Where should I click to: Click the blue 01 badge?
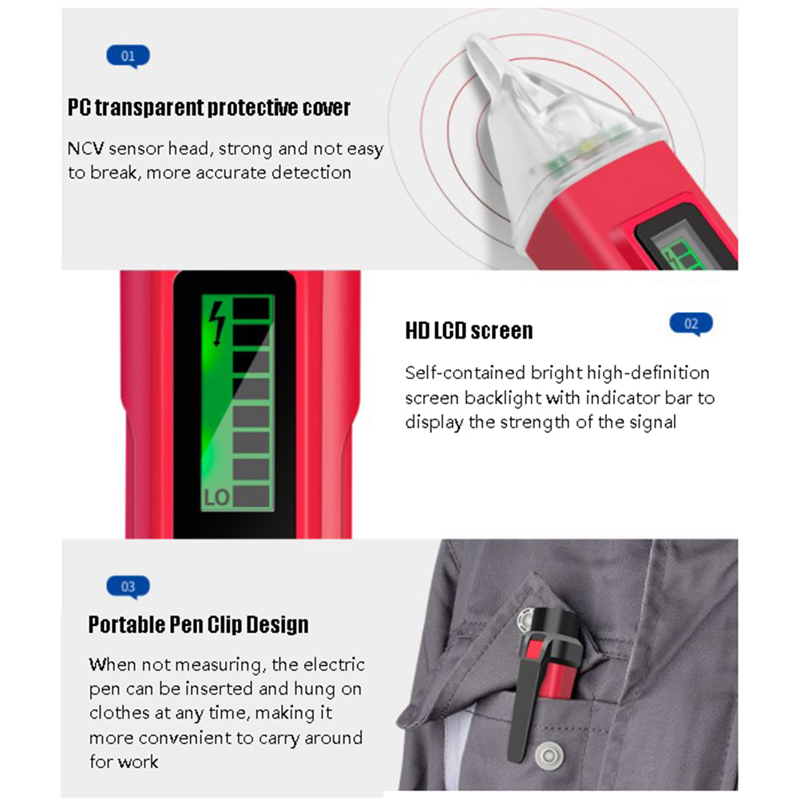tap(128, 56)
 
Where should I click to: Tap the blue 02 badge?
tap(691, 324)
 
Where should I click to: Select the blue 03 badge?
tap(128, 587)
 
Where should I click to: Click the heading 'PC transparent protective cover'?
tap(209, 108)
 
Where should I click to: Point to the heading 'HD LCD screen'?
tap(469, 331)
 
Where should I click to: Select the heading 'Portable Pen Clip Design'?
tap(199, 624)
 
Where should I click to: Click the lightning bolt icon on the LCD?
tap(218, 323)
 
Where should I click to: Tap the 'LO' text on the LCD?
tap(217, 497)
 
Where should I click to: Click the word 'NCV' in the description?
tap(85, 149)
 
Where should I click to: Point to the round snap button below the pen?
tap(549, 754)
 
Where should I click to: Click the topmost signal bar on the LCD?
tap(251, 308)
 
